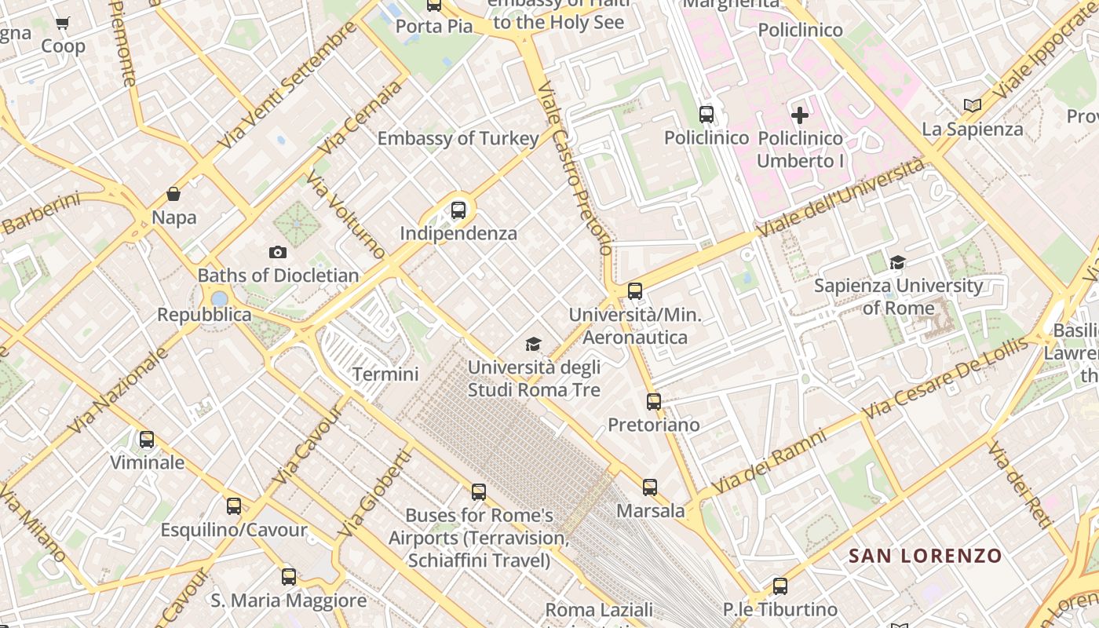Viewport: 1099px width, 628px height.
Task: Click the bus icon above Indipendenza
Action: pos(458,210)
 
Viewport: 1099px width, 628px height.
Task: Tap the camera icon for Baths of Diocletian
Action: pos(277,252)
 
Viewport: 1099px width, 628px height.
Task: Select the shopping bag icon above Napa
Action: pos(173,194)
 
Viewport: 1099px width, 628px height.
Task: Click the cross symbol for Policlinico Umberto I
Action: pos(800,116)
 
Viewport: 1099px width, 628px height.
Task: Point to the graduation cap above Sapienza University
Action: pos(897,262)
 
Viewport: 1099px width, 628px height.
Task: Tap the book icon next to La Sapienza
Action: pos(973,105)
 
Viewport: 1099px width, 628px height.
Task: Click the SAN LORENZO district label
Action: pos(926,557)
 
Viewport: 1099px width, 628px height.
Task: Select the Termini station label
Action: pos(385,374)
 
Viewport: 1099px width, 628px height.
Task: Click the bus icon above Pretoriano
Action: pos(654,402)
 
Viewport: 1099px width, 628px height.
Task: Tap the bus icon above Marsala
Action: pos(650,487)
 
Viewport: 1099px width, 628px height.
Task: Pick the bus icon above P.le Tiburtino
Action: pos(780,586)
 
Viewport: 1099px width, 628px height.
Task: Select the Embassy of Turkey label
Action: pos(458,139)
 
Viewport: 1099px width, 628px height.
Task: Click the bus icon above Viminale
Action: pos(147,440)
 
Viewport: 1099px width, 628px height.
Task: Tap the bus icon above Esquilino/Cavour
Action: pos(234,506)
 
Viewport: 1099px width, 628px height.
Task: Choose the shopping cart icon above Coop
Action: pos(63,24)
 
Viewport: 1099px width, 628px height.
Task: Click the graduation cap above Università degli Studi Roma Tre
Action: pos(534,344)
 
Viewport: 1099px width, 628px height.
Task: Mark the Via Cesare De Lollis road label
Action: pos(944,378)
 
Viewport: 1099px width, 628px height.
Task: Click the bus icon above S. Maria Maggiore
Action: pos(289,577)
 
